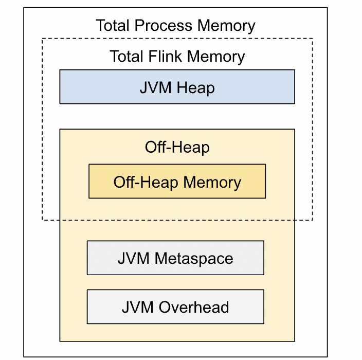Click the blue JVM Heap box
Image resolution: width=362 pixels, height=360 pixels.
click(177, 87)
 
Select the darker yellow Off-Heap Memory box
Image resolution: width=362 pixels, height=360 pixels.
click(177, 182)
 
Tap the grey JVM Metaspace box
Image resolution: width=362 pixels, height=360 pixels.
click(175, 258)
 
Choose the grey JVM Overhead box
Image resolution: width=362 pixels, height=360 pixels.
click(175, 307)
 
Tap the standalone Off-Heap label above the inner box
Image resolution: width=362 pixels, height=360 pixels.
click(177, 148)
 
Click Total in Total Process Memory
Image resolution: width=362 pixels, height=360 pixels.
click(112, 25)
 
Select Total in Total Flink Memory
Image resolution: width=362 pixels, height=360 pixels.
click(125, 56)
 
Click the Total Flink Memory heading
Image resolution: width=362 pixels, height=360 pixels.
click(177, 56)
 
